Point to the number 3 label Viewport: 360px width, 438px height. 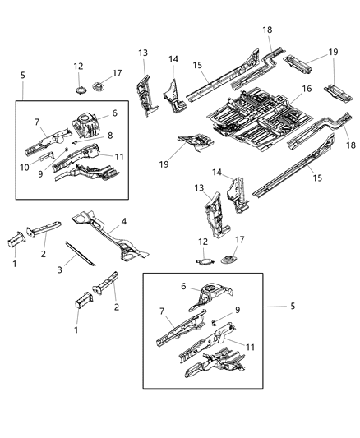coord(60,270)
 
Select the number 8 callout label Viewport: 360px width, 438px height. coord(111,135)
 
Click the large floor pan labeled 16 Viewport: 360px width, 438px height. coord(255,119)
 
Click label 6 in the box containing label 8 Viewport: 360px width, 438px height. coord(113,113)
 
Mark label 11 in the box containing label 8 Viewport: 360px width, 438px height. coord(119,155)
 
